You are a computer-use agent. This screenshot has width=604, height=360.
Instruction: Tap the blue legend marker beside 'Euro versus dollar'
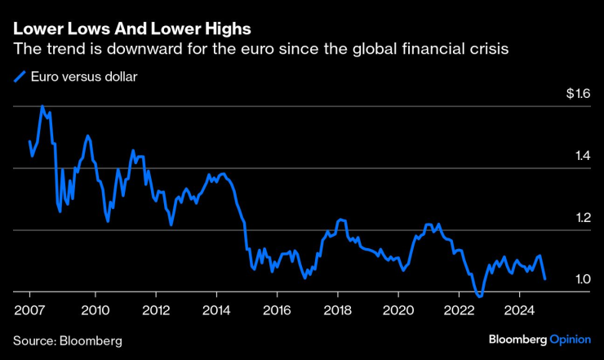pyautogui.click(x=19, y=78)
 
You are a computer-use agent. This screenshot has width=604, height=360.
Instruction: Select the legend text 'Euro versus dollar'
pyautogui.click(x=85, y=78)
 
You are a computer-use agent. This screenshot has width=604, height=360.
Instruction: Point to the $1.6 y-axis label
pyautogui.click(x=578, y=95)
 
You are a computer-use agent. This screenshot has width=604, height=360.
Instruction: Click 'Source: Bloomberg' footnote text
pyautogui.click(x=67, y=340)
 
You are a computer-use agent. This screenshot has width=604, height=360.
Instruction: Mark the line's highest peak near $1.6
pyautogui.click(x=42, y=106)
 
